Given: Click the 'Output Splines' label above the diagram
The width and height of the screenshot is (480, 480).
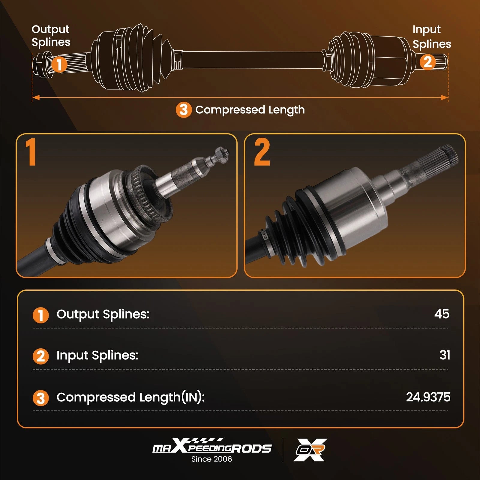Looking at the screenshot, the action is [x=51, y=36].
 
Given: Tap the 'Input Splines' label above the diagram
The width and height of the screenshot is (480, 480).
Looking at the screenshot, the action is [x=432, y=37].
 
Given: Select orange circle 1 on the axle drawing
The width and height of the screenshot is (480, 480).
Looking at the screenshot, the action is [x=59, y=64].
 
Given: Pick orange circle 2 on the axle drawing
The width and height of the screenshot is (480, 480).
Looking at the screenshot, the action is [x=427, y=62].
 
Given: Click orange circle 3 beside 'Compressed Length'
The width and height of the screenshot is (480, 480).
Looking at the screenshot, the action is [x=184, y=110].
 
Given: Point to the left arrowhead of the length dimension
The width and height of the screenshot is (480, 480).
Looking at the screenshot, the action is [x=36, y=97].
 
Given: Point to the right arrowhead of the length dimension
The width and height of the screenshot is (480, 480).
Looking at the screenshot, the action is [x=444, y=97].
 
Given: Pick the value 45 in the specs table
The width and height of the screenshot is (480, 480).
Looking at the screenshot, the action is [x=442, y=314].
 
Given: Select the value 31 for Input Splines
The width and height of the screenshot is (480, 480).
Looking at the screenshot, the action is [x=445, y=355].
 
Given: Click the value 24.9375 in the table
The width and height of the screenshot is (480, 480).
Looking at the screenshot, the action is [x=428, y=397].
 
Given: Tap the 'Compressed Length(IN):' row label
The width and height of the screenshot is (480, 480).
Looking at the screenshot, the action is [x=130, y=397].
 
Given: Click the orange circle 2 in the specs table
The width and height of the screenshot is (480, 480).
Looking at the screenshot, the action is [x=40, y=356].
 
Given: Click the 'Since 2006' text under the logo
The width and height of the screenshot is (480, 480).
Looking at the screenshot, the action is [x=211, y=459].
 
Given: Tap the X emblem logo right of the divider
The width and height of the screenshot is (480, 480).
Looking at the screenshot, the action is [x=310, y=450].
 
